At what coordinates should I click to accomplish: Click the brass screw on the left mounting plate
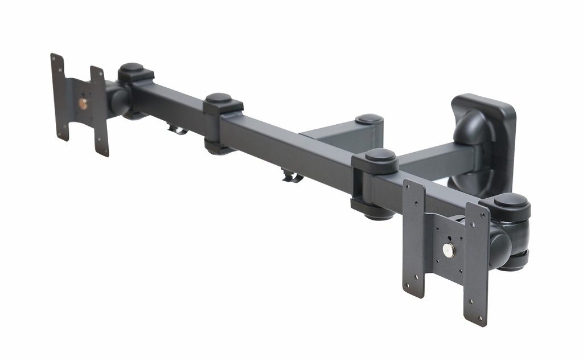(83, 103)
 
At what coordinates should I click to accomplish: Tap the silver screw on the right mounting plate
(449, 249)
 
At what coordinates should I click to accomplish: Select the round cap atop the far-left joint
(132, 67)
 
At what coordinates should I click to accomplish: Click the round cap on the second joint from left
(219, 98)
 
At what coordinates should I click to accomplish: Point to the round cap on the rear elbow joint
(369, 119)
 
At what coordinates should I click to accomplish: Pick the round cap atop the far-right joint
(510, 200)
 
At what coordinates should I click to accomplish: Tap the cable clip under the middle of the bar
(291, 177)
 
